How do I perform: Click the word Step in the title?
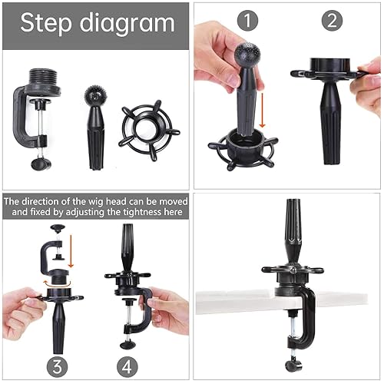(48, 23)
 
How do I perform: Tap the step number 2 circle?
(332, 22)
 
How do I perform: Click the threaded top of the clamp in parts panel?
(38, 79)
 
